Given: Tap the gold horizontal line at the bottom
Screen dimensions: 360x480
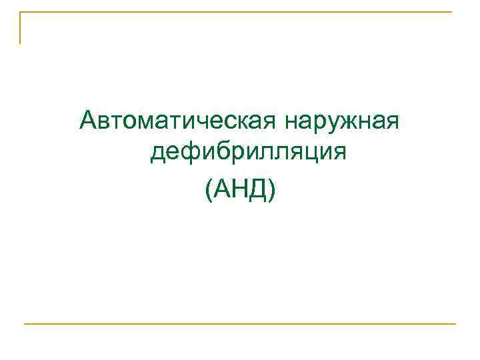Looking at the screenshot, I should tap(240, 324).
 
